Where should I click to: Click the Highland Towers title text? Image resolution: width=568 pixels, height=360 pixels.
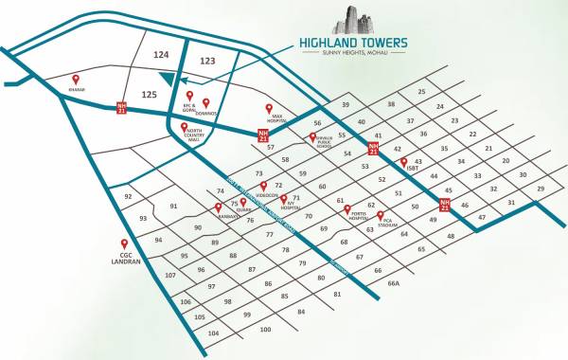tap(353, 42)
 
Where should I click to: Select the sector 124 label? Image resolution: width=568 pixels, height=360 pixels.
tap(160, 56)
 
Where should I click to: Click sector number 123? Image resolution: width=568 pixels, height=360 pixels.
tap(208, 61)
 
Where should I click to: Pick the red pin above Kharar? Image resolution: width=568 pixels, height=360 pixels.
tap(77, 81)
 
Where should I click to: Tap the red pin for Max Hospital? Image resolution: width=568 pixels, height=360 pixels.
tap(269, 109)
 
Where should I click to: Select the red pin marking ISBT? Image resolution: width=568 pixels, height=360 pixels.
tap(403, 161)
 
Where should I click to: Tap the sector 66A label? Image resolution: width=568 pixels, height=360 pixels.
tap(393, 282)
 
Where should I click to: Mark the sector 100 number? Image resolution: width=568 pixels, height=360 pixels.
tap(265, 330)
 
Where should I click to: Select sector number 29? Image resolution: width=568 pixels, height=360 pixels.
tap(541, 189)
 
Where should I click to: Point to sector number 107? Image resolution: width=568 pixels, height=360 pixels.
tap(170, 275)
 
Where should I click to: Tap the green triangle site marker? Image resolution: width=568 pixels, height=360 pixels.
tap(168, 81)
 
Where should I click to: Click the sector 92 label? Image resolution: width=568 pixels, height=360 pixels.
tap(128, 197)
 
